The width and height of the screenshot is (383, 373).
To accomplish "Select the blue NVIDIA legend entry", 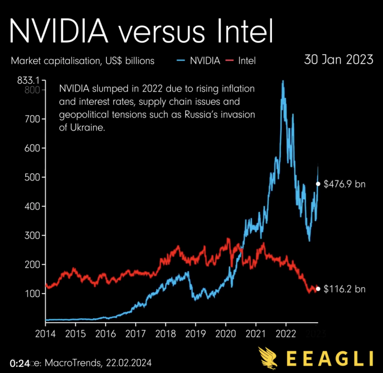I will [200, 61].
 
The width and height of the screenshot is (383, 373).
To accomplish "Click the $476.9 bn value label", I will [344, 184].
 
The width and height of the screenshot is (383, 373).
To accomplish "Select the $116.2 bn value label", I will [344, 289].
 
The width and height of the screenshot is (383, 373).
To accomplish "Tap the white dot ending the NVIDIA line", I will [318, 184].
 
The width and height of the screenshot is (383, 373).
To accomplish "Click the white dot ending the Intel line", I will [318, 289].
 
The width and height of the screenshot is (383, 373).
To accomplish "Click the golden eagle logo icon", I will [269, 357].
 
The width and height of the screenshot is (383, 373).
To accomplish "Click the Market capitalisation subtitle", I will [82, 61].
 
